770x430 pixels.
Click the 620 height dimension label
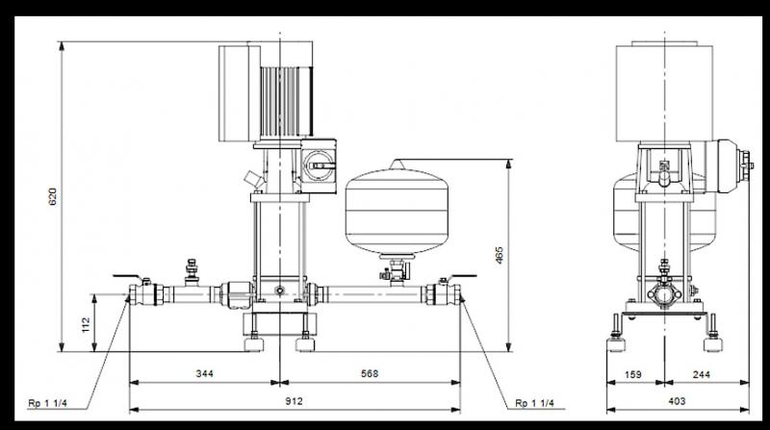pos(53,196)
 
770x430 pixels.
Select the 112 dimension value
pos(86,325)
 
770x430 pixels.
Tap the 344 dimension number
pos(205,373)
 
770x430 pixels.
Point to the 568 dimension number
pos(370,373)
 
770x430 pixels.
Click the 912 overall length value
pos(295,401)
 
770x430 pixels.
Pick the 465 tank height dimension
pos(500,255)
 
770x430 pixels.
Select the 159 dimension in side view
pos(633,374)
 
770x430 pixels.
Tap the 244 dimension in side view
pos(702,374)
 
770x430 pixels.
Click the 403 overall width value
pos(677,401)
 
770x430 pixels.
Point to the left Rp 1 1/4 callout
pos(47,403)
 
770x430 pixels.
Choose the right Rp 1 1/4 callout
pos(535,403)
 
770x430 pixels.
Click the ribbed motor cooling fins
pos(285,101)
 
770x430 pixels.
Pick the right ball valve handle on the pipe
pos(458,277)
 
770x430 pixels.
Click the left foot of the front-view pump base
pos(254,343)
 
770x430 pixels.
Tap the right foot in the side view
pos(713,343)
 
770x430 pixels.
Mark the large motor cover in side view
pos(664,93)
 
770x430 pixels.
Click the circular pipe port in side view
pos(664,295)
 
